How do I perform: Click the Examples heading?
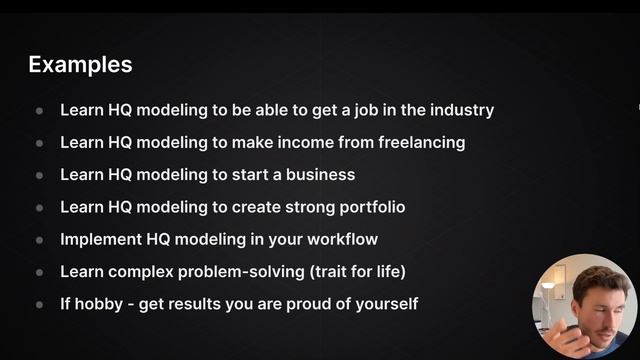pos(80,65)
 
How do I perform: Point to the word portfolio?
pos(370,207)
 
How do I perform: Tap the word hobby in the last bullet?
pos(102,303)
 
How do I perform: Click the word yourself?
pos(384,303)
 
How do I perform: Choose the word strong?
pos(309,207)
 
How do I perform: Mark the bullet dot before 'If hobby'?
pos(40,304)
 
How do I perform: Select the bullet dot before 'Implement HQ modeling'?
pos(40,240)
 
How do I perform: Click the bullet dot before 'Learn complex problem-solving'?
pos(40,272)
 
